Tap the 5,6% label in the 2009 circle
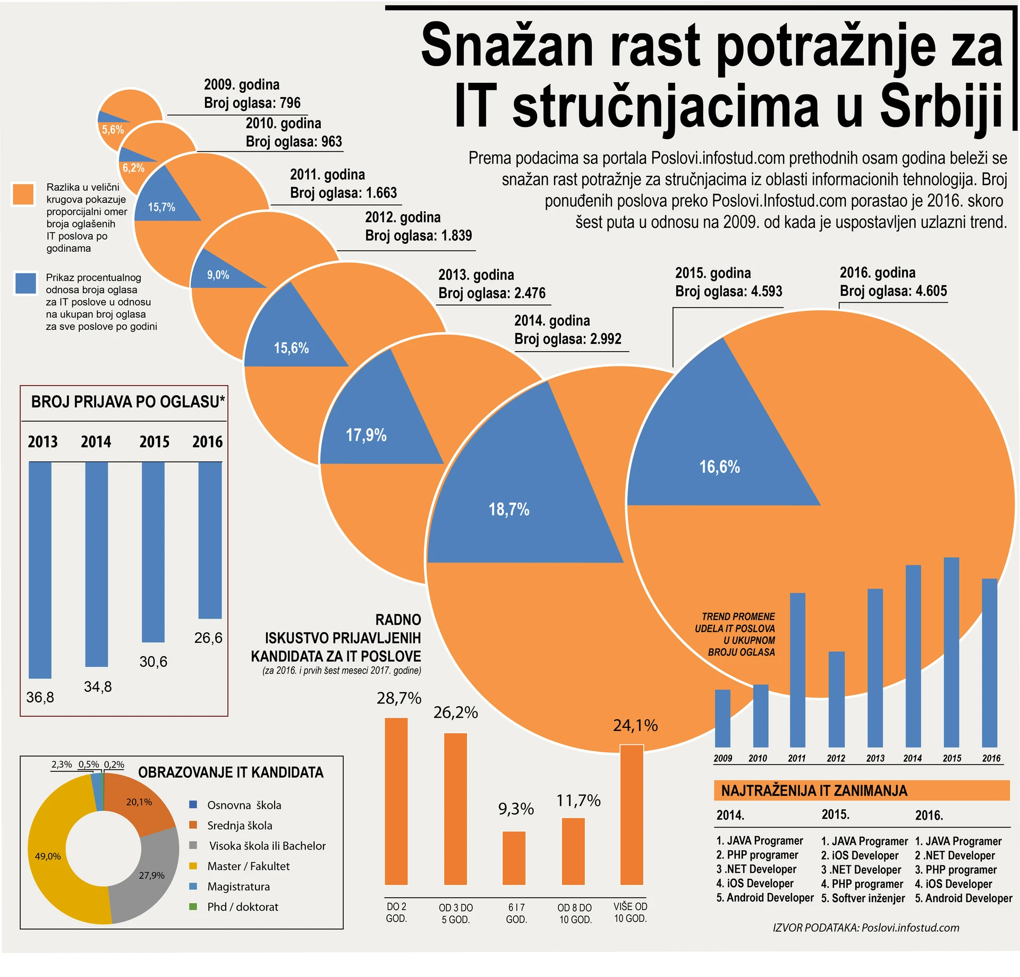113,130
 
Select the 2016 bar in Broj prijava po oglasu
210,539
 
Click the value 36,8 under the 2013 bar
40,697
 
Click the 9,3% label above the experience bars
516,809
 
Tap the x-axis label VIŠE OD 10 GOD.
631,912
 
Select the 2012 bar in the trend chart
836,699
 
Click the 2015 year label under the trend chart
951,758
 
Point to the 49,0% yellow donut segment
48,856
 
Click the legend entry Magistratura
238,886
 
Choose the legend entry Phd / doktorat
242,907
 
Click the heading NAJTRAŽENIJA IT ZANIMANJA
814,791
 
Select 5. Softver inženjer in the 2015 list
863,898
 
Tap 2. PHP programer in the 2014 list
757,855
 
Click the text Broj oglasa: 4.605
893,291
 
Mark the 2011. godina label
327,174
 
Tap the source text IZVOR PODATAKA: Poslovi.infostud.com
866,928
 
